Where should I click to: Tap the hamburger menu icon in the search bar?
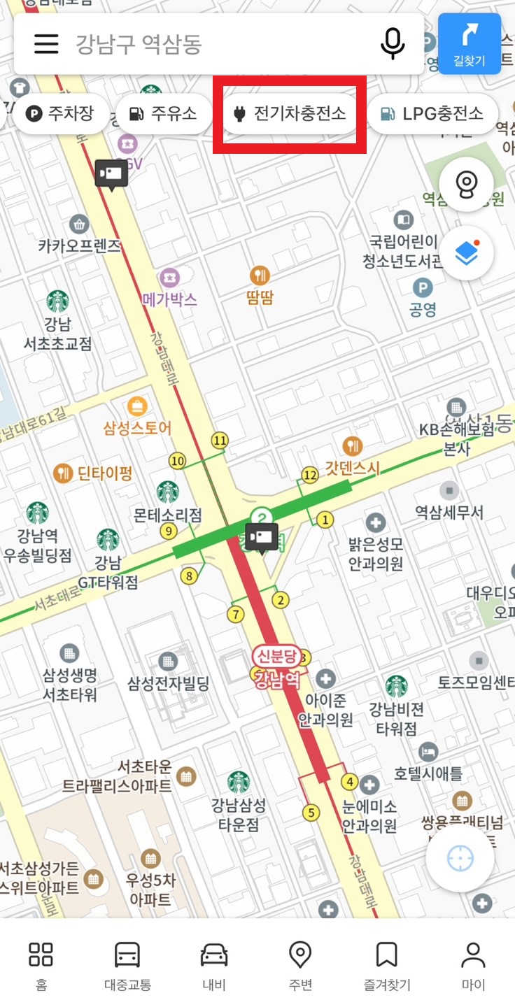(x=46, y=44)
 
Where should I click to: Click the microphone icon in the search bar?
(x=392, y=44)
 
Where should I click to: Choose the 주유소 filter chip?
(x=163, y=113)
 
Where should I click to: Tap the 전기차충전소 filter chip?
(x=290, y=113)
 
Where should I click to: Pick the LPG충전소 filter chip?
(x=432, y=113)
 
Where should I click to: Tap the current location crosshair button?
(x=460, y=858)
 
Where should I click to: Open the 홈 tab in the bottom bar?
(x=41, y=965)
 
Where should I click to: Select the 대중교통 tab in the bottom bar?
(x=127, y=965)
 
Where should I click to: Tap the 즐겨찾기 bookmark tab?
(x=386, y=965)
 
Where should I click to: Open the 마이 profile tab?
(x=473, y=965)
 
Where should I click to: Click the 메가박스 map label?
(x=169, y=299)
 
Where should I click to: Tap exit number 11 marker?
(x=220, y=441)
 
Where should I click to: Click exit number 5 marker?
(x=311, y=813)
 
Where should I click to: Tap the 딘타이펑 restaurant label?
(x=104, y=473)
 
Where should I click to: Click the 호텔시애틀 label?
(x=428, y=773)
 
